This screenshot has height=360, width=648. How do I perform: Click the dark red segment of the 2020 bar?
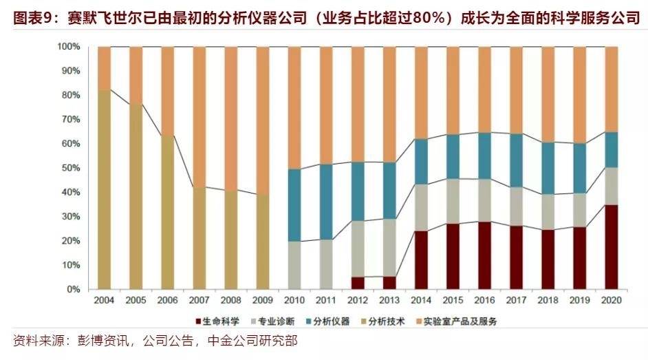(611, 246)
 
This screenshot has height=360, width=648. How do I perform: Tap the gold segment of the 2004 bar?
(105, 189)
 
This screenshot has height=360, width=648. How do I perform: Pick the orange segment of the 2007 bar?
(199, 117)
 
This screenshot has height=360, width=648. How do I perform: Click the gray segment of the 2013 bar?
(389, 248)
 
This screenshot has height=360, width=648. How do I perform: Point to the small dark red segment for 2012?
(358, 283)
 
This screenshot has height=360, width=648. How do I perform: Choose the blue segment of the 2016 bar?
(484, 156)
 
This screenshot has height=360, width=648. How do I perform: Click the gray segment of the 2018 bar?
(548, 211)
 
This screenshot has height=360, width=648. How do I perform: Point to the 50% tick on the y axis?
(71, 168)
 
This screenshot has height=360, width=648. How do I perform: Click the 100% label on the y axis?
(69, 47)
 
